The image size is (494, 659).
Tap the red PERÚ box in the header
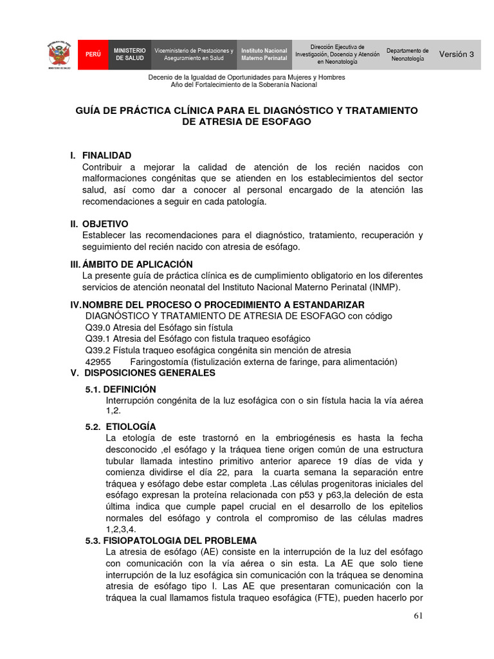tap(93, 55)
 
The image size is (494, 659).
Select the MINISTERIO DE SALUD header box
tap(130, 55)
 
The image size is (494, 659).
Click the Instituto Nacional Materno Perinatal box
tap(264, 55)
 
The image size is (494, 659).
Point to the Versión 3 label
tap(456, 55)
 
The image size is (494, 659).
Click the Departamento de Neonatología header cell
tap(407, 55)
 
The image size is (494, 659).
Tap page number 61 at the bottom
tap(418, 617)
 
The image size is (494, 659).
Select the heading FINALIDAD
tap(107, 155)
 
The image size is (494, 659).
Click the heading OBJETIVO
tap(105, 223)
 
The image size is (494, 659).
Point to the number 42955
tap(98, 362)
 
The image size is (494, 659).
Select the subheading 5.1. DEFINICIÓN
tap(121, 389)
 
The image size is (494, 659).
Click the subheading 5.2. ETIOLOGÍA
tap(121, 427)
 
